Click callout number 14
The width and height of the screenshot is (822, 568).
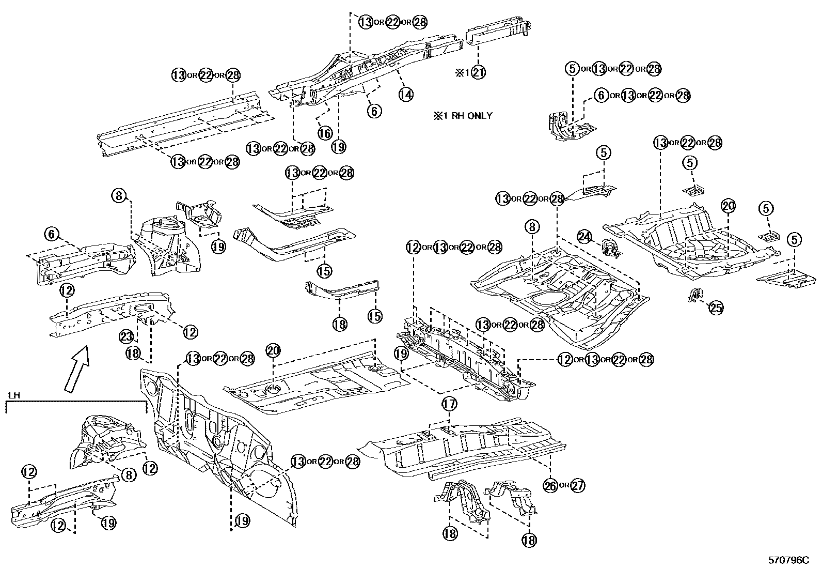pos(405,94)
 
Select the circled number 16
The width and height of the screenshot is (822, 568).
pos(324,133)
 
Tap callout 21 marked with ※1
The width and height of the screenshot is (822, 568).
pos(478,73)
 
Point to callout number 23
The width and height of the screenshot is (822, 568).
pos(128,336)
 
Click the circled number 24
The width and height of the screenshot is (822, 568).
pos(584,237)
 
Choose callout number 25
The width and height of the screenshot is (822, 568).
pos(716,308)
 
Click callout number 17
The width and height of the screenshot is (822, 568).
pos(449,403)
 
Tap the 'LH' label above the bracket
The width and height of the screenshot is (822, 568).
pos(14,395)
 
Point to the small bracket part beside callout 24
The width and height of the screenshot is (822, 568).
pos(611,248)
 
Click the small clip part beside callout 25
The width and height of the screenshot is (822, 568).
pos(695,295)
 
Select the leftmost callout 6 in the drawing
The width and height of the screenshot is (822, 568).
pos(52,234)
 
